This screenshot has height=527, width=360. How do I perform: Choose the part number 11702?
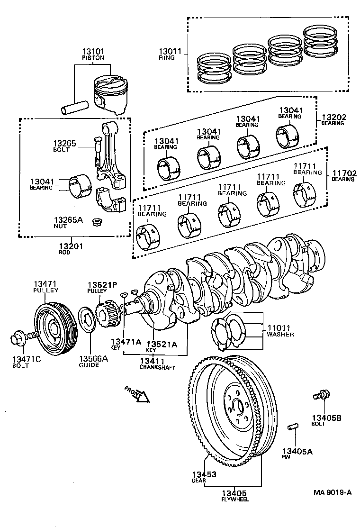tap(344, 173)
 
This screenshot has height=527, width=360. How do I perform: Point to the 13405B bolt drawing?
tap(322, 394)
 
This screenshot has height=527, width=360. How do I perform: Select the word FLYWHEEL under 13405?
tap(235, 500)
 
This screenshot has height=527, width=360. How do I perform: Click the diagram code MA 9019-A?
tap(332, 492)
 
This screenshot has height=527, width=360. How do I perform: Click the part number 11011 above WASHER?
tap(279, 327)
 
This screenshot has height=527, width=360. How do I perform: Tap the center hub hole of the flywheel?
tap(237, 407)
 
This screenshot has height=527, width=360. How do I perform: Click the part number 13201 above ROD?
tap(71, 246)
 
